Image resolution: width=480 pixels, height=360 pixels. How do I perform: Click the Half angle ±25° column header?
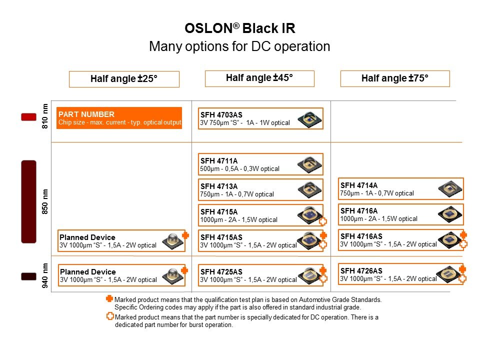124,79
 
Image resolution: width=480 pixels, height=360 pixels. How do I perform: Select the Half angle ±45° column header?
259,78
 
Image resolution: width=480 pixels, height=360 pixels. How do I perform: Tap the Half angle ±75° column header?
395,78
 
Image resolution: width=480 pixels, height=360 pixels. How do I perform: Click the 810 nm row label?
45,116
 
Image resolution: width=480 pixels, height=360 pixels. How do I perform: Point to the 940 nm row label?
45,275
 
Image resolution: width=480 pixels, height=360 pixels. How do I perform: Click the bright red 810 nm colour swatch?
29,117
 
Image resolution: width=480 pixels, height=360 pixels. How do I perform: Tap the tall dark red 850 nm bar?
29,201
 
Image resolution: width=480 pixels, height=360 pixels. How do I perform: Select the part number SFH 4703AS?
221,115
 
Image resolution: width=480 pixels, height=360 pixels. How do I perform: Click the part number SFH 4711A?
219,160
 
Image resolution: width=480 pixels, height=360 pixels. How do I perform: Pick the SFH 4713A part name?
219,186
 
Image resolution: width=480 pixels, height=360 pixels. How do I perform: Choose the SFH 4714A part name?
359,185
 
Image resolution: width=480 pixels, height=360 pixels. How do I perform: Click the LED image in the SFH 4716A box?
449,214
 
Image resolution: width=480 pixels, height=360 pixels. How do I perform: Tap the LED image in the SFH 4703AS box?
309,119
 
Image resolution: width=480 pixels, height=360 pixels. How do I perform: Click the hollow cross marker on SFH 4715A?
323,221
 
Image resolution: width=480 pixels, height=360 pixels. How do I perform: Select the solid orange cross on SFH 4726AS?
462,269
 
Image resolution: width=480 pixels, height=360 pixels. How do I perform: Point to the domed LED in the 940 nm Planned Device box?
173,275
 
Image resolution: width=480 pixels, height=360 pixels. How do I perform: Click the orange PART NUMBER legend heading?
86,114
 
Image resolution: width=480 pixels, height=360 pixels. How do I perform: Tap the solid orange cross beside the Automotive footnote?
109,298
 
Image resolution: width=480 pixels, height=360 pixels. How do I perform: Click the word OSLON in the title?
209,28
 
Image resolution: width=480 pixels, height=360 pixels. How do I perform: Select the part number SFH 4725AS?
221,272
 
